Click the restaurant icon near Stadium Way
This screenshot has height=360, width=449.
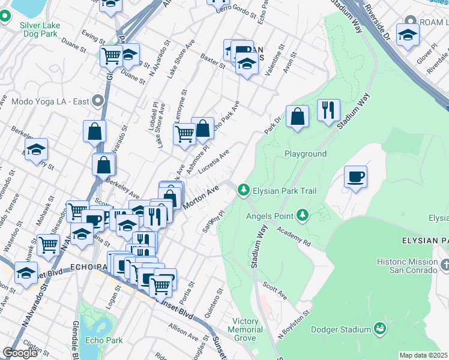(x=328, y=110)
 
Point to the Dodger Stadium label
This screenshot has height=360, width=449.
(x=340, y=329)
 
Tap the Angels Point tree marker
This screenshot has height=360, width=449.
(x=303, y=215)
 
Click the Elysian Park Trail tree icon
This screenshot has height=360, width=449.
(x=243, y=190)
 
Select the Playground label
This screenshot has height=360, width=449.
(x=306, y=154)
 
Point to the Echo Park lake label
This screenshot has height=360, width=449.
(x=104, y=340)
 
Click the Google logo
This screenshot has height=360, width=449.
(x=20, y=353)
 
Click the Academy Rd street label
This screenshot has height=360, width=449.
(x=294, y=236)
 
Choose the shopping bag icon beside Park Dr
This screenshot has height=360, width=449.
(x=297, y=116)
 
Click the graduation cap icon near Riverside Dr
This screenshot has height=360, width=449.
(x=408, y=35)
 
